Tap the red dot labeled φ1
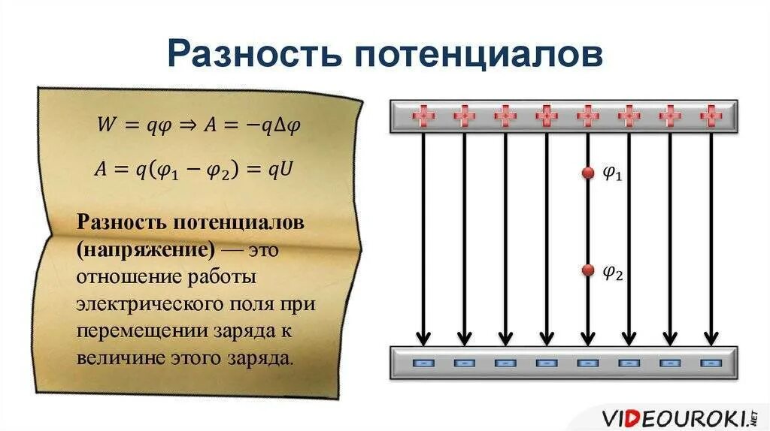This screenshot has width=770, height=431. (588, 173)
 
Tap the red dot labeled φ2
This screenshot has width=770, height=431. (588, 270)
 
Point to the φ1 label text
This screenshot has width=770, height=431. (613, 174)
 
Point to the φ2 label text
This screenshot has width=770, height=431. (613, 272)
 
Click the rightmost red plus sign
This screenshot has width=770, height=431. (711, 116)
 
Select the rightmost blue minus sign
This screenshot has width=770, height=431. (711, 363)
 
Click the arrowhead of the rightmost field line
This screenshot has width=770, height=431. (711, 335)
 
